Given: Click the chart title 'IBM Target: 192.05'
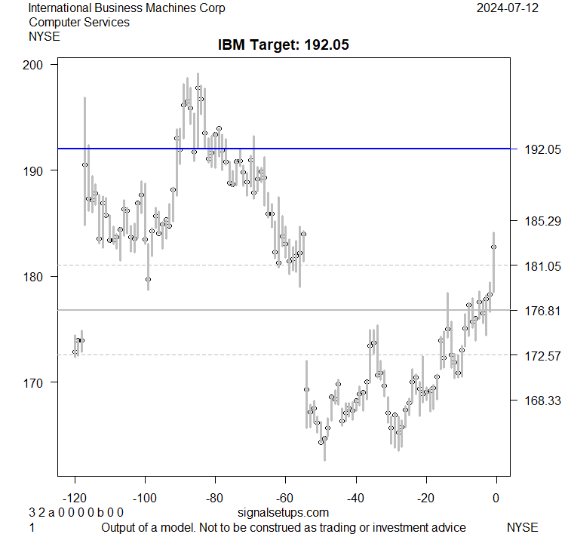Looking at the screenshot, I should [284, 45].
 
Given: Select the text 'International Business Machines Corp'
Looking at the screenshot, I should [127, 8].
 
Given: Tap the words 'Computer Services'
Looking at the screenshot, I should [78, 22].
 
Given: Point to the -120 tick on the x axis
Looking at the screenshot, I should [75, 498].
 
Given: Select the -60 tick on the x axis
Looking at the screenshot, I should [285, 498].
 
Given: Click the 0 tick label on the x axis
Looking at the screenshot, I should [496, 498].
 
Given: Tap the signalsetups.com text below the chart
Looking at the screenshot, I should [278, 513].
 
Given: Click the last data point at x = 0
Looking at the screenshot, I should [494, 247].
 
